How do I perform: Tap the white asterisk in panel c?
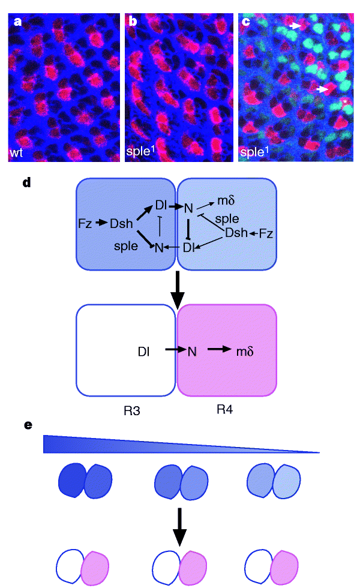tap(345, 103)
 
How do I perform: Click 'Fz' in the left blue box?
tap(85, 223)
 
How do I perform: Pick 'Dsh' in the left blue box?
tap(121, 223)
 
